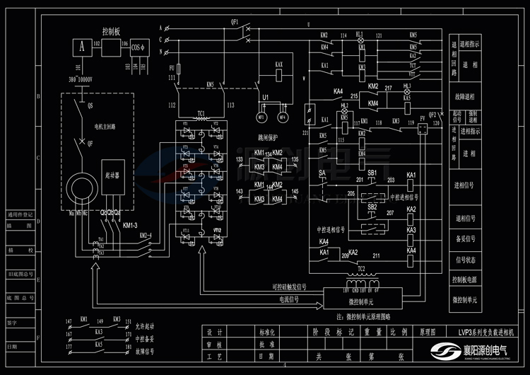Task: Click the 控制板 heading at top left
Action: pyautogui.click(x=112, y=31)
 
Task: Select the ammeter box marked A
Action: pyautogui.click(x=81, y=47)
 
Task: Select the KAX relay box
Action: pyautogui.click(x=279, y=69)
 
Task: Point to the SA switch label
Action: pyautogui.click(x=322, y=173)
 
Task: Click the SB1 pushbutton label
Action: pyautogui.click(x=372, y=173)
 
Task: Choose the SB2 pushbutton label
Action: pyautogui.click(x=372, y=206)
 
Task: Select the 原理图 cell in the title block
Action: pyautogui.click(x=428, y=331)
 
